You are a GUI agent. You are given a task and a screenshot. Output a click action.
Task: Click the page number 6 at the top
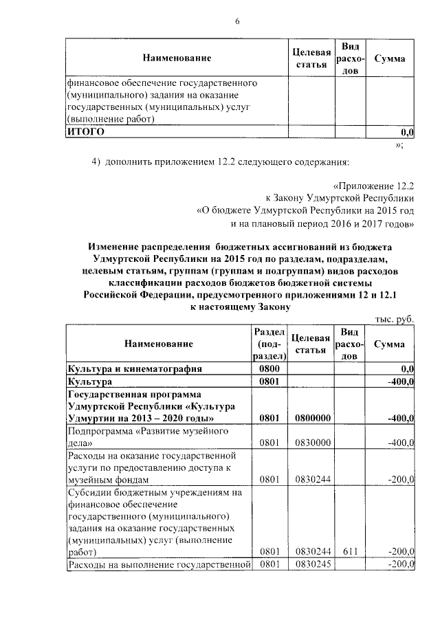click(237, 21)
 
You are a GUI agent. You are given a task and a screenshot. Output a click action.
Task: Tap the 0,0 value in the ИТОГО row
click(406, 131)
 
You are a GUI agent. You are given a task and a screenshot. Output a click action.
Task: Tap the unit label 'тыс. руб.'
click(394, 320)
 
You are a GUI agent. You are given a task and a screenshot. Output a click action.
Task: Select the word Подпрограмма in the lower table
click(97, 431)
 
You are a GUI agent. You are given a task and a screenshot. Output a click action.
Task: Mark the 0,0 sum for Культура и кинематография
click(406, 368)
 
